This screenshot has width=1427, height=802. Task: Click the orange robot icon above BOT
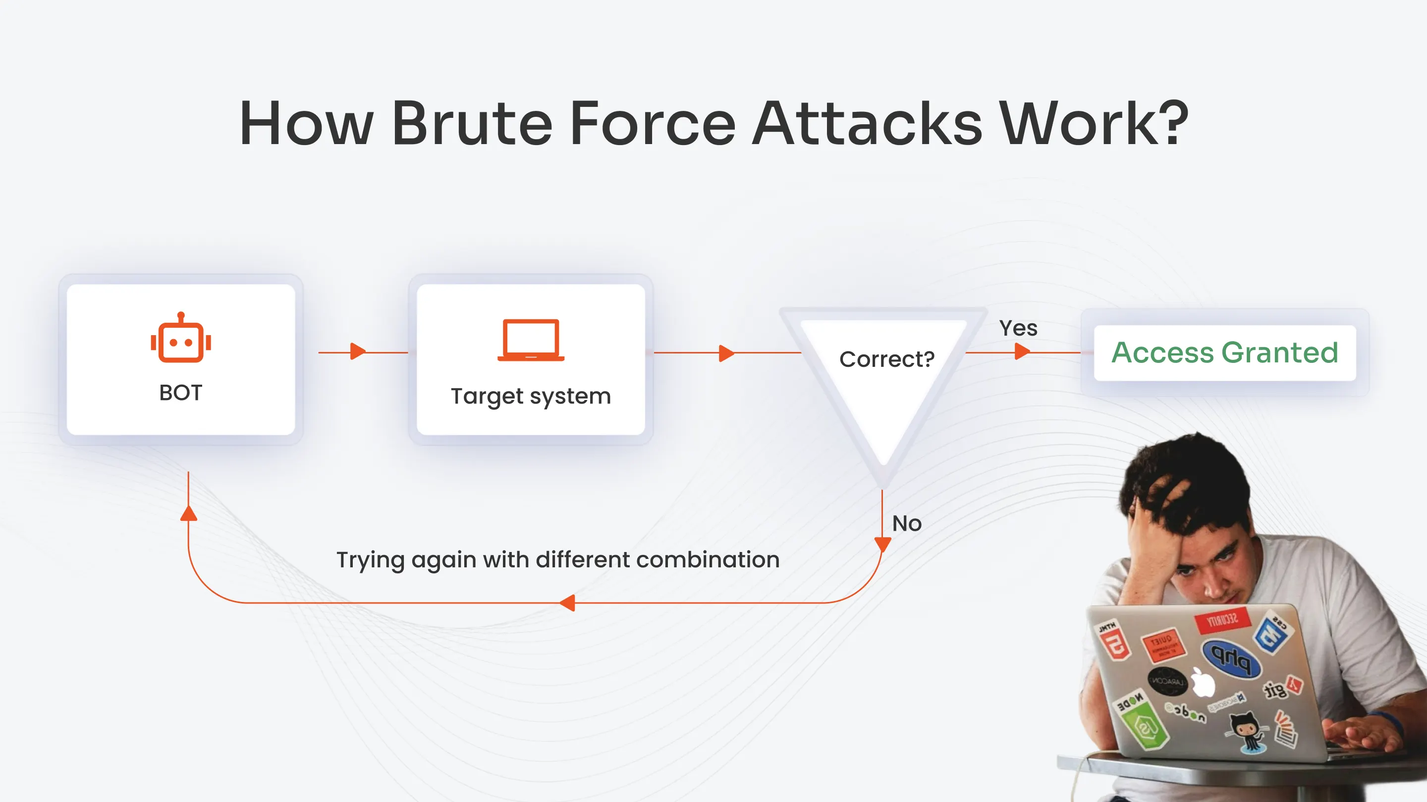point(180,338)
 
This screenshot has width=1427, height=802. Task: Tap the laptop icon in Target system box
point(531,340)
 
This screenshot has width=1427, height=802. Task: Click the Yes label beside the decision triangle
point(1018,328)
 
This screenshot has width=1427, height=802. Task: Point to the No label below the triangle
point(906,524)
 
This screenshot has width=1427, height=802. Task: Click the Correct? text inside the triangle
point(886,359)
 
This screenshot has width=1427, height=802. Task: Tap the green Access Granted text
point(1224,352)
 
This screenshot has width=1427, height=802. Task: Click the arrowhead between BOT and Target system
point(358,351)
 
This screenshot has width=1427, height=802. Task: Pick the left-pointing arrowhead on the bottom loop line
point(567,603)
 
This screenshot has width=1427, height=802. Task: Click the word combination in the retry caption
point(708,559)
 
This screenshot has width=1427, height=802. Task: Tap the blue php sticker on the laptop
point(1231,658)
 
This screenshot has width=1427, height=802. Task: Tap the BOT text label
point(180,393)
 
